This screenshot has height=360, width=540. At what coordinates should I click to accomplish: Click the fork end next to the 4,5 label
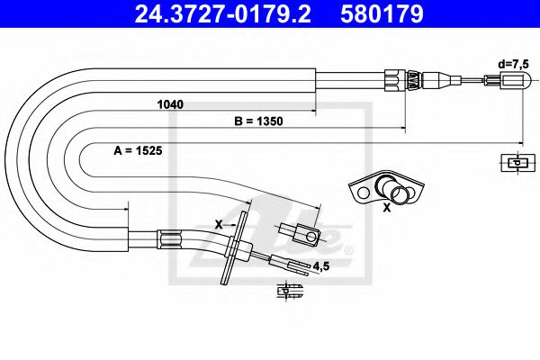tap(292, 265)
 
